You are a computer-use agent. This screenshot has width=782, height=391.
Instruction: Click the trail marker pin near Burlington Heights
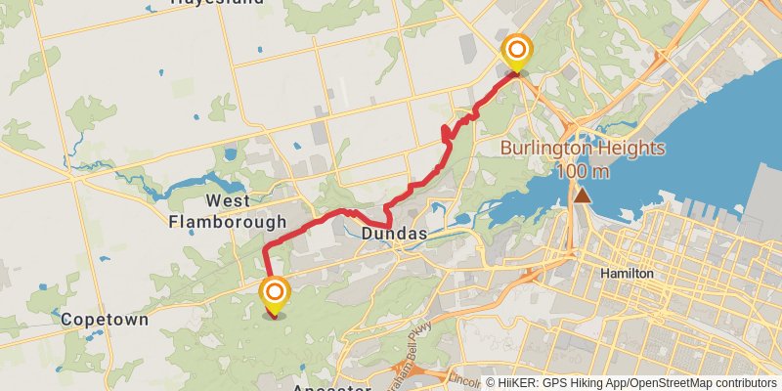click(x=515, y=52)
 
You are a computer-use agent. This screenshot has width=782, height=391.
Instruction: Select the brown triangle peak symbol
click(x=583, y=195)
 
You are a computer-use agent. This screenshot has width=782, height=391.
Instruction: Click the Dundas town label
click(x=394, y=235)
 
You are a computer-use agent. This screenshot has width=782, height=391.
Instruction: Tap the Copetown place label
click(x=105, y=320)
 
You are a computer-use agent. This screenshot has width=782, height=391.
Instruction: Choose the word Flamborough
click(x=227, y=222)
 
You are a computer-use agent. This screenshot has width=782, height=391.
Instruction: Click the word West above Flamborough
click(x=227, y=201)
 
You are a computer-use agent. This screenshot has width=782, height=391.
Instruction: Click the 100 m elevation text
click(x=583, y=172)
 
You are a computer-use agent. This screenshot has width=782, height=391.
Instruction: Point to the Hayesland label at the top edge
click(x=216, y=3)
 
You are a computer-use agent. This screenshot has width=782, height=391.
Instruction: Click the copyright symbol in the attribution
click(x=492, y=383)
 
